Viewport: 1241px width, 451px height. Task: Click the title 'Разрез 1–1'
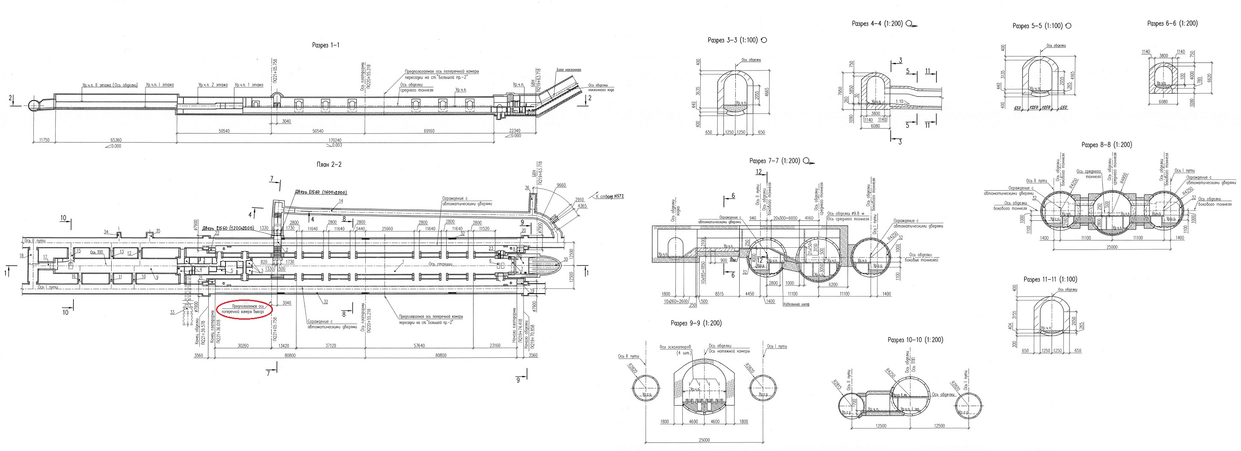[326, 45]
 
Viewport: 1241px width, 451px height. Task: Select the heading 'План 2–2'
[329, 164]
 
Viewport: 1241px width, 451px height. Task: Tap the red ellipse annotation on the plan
[245, 309]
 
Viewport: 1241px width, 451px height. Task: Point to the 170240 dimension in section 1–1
[335, 140]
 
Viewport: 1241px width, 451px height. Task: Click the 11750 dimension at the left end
[43, 140]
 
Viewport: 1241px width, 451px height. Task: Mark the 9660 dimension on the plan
[561, 185]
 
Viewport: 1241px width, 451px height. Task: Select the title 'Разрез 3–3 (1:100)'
[733, 41]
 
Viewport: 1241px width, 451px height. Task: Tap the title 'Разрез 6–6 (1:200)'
[1172, 23]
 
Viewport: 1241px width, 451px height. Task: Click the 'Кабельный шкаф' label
[797, 305]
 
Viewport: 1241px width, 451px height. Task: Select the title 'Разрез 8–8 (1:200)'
[1107, 145]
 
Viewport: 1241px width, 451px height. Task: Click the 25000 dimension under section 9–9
[704, 440]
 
